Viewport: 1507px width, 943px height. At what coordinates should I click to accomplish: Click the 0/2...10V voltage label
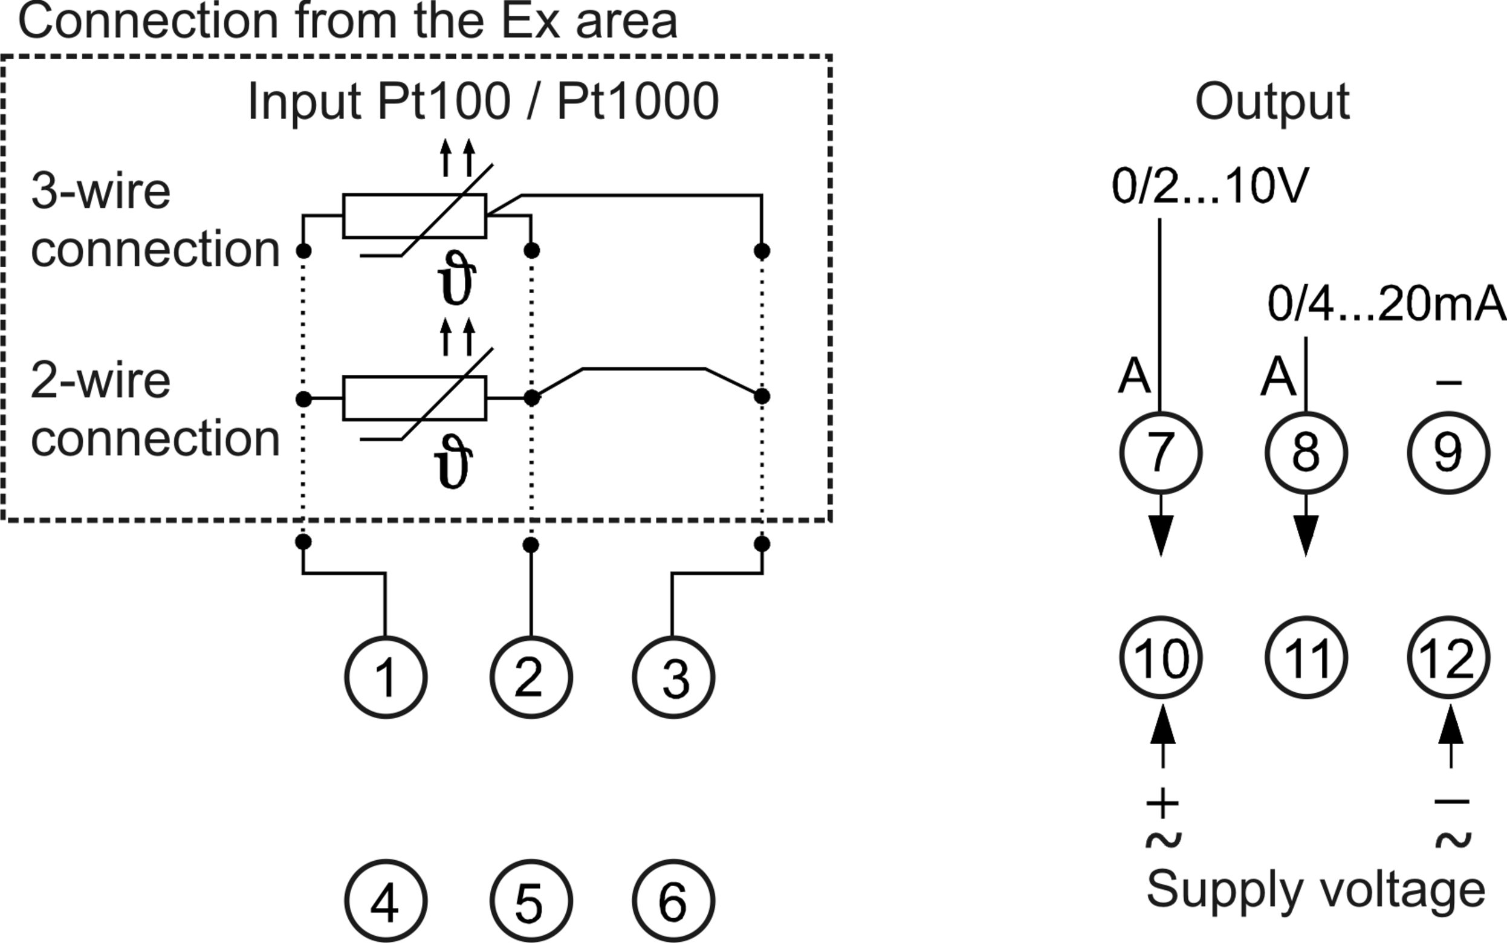tap(1210, 186)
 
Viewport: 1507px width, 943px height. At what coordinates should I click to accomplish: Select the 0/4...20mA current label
tap(1387, 304)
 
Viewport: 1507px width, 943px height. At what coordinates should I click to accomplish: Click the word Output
tap(1272, 102)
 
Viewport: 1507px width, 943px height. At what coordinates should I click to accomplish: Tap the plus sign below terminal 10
tap(1162, 802)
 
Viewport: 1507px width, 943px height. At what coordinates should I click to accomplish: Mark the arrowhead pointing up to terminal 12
tap(1451, 724)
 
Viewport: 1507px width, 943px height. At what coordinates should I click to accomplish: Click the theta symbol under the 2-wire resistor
tap(453, 462)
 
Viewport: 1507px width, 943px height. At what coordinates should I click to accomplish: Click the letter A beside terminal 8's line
tap(1278, 376)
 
